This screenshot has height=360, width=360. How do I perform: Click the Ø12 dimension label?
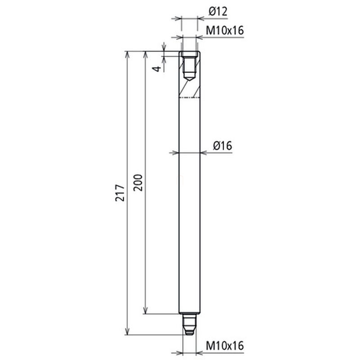tap(218, 12)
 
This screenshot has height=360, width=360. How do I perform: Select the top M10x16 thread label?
tap(225, 30)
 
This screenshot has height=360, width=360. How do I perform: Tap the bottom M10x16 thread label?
tap(225, 346)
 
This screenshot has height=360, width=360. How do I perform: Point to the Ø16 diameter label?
tap(222, 145)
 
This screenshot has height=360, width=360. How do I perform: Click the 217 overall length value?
tap(120, 193)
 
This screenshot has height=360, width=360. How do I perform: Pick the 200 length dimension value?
tap(138, 183)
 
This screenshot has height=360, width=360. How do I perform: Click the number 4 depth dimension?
tap(157, 69)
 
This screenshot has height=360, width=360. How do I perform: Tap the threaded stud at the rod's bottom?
tap(189, 324)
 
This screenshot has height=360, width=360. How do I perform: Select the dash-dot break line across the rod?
tap(189, 98)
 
